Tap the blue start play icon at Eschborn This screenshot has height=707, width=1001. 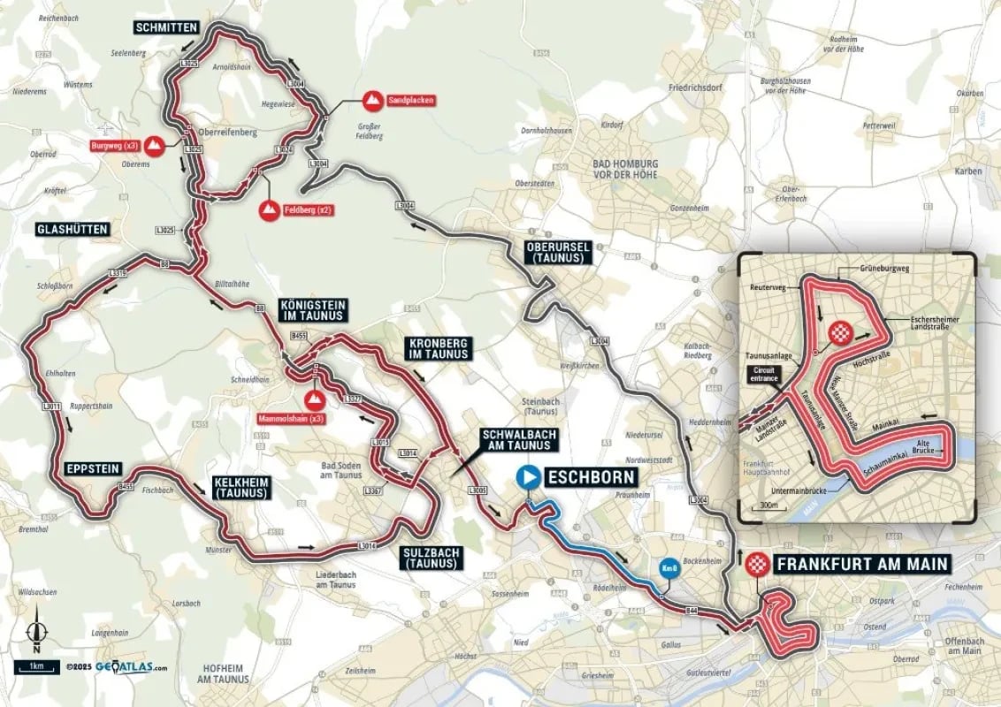click(x=529, y=477)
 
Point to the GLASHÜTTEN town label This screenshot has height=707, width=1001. click(x=73, y=229)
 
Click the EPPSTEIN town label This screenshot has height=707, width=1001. click(x=92, y=468)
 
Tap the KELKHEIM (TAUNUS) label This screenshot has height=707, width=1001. click(x=239, y=487)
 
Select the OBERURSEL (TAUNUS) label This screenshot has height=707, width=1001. click(x=556, y=252)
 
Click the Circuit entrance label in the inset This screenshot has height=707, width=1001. click(x=763, y=374)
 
